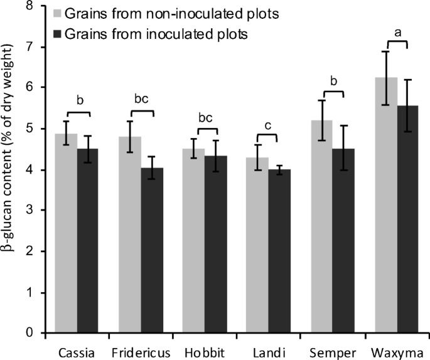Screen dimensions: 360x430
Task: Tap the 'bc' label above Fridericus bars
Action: [141, 98]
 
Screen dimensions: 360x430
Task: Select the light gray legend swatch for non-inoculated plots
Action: [60, 13]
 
